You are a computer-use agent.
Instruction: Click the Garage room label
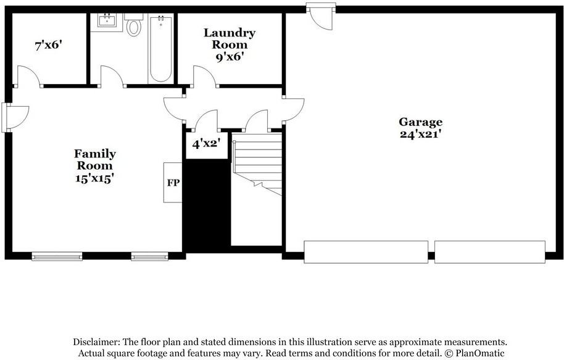click(x=420, y=122)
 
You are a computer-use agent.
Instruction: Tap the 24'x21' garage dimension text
click(x=420, y=133)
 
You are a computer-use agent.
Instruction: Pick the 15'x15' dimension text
click(x=95, y=178)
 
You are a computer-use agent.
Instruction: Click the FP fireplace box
click(x=172, y=183)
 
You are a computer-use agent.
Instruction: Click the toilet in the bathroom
click(x=133, y=26)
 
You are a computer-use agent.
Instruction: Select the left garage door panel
click(x=366, y=251)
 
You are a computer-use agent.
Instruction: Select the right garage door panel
click(x=490, y=251)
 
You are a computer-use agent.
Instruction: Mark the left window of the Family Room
click(x=57, y=256)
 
